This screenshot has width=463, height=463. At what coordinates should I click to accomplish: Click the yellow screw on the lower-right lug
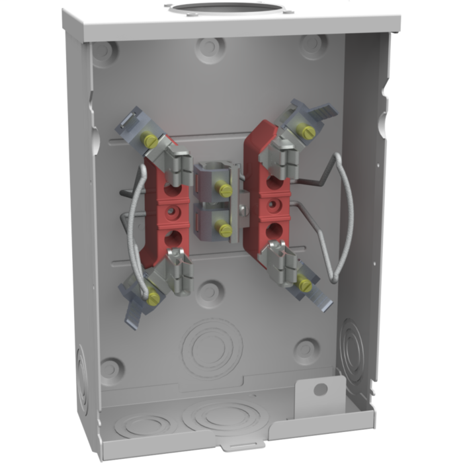click(x=304, y=285)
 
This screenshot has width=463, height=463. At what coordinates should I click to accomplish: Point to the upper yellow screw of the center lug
click(x=226, y=190)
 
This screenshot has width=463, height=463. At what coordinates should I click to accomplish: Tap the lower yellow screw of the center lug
click(x=225, y=230)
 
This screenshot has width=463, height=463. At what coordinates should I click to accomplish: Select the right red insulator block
click(x=263, y=198)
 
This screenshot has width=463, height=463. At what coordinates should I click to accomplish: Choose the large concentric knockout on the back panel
click(x=210, y=345)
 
